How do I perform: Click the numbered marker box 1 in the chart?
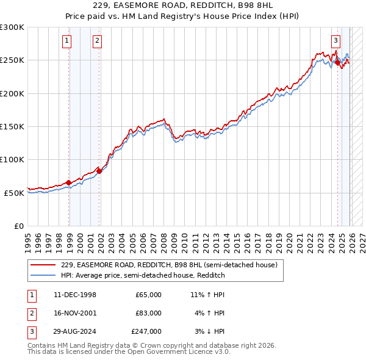pos(66,41)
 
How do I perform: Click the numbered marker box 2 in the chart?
pos(97,41)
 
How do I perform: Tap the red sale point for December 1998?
pos(68,182)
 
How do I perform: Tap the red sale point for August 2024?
pos(337,62)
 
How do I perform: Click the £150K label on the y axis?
pos(12,127)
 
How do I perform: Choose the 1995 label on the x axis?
pos(28,240)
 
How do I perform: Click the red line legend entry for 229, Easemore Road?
pos(169,265)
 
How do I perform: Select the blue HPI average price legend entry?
pos(143,275)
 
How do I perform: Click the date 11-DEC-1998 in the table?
pos(74,295)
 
